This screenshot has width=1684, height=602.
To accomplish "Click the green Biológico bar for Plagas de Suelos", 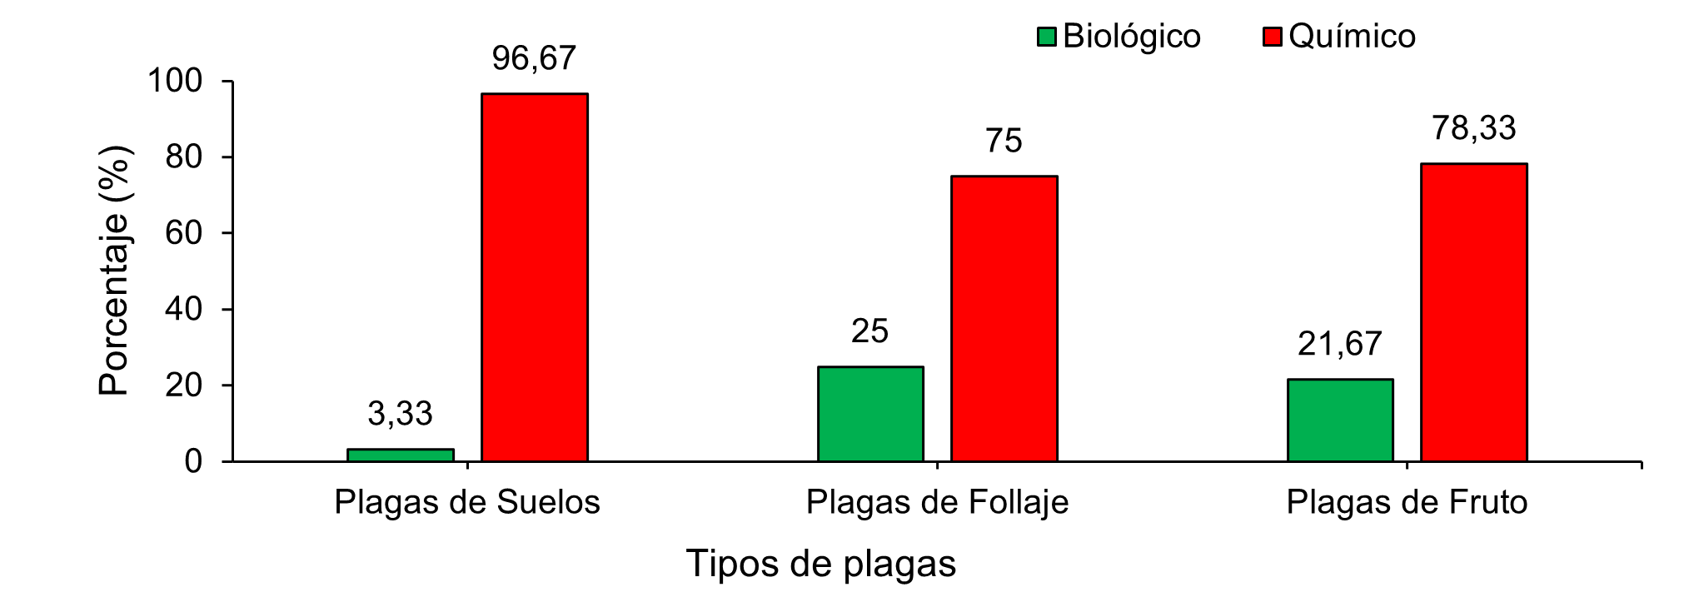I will [x=401, y=455].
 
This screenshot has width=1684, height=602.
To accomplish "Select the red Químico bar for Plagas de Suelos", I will [x=535, y=277].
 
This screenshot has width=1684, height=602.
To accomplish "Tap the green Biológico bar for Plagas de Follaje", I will [x=870, y=414].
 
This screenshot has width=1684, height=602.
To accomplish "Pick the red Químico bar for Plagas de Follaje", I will [x=1004, y=318].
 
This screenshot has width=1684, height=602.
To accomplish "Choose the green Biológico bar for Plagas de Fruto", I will [x=1340, y=420].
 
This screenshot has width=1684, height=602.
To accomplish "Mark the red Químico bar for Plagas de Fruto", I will [x=1474, y=312].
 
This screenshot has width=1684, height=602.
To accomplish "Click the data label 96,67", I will [x=534, y=58].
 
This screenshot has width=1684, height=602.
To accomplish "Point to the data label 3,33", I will [x=400, y=414].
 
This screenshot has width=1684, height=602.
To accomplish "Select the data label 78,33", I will [x=1473, y=128].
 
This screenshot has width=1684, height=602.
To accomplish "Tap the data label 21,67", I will [x=1339, y=344].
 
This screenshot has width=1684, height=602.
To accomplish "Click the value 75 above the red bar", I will [x=1004, y=141].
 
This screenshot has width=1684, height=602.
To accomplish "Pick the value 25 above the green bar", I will [x=869, y=331].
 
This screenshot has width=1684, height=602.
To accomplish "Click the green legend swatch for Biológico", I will [x=1047, y=37].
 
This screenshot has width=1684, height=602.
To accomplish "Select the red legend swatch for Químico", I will [x=1273, y=37].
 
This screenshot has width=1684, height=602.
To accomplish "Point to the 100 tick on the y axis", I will [x=175, y=81].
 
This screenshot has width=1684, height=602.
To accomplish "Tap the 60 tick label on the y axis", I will [x=184, y=233].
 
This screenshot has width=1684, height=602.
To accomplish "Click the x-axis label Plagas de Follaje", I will [x=937, y=502].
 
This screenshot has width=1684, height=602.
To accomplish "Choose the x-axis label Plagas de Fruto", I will [x=1407, y=502].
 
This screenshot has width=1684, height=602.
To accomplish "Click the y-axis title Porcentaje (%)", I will [x=114, y=271].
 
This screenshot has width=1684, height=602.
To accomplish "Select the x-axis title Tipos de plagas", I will [x=820, y=564].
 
